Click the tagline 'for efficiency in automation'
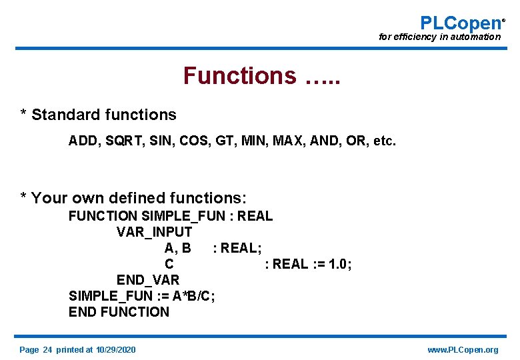(439, 37)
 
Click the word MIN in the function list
(255, 141)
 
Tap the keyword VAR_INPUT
(154, 232)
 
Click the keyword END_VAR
(148, 279)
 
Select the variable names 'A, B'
(177, 248)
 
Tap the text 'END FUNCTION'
(119, 311)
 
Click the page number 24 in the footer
(47, 350)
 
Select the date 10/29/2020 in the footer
(115, 350)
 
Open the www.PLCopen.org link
(463, 350)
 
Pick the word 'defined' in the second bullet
(139, 198)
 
